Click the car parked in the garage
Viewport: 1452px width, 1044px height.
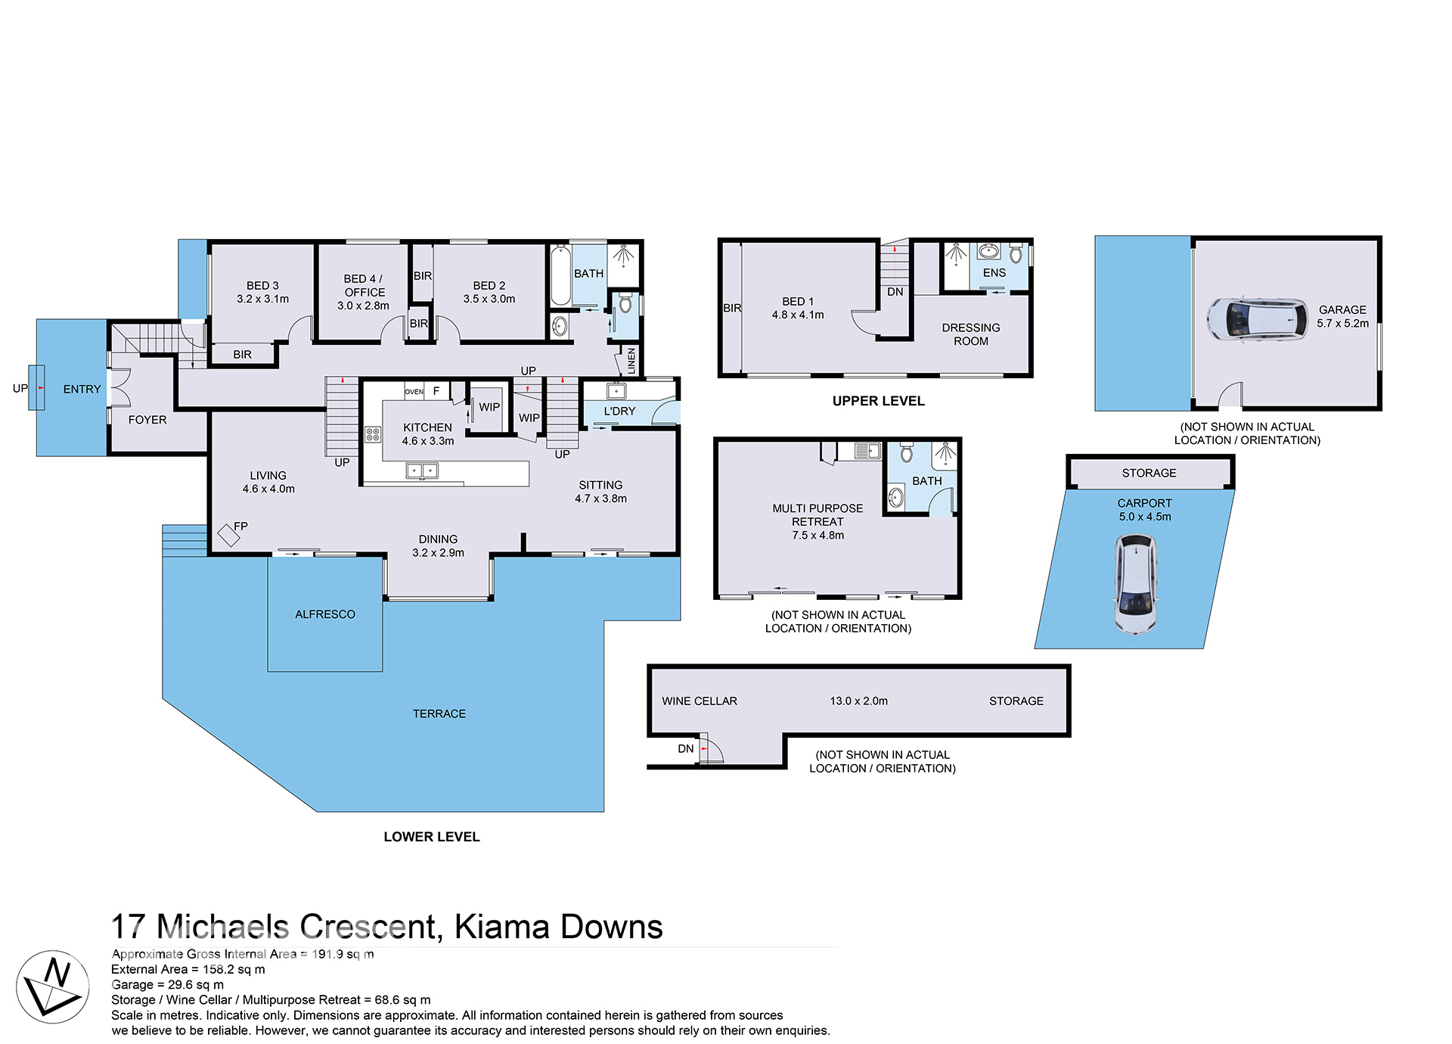[1256, 318]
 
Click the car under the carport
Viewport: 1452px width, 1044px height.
[1136, 584]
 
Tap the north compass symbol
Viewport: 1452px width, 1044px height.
[53, 987]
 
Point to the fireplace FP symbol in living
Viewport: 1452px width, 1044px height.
[229, 535]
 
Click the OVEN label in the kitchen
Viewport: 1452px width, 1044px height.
[414, 392]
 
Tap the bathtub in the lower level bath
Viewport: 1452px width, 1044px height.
[560, 276]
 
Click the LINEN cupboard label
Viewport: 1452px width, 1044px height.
[631, 361]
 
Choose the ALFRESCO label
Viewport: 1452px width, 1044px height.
[325, 614]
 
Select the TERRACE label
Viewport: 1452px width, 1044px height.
[439, 713]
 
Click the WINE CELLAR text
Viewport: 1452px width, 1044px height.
[700, 701]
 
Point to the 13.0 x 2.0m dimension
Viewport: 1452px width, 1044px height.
[858, 701]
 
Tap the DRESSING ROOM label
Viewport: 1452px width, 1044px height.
[970, 334]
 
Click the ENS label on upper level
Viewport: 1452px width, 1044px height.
[994, 273]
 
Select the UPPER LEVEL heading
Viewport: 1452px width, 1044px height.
[878, 401]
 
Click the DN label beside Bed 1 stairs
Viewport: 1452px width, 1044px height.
[895, 292]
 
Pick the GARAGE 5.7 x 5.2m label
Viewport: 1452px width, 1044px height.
[1342, 316]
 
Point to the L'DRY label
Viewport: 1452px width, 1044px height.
[619, 412]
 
